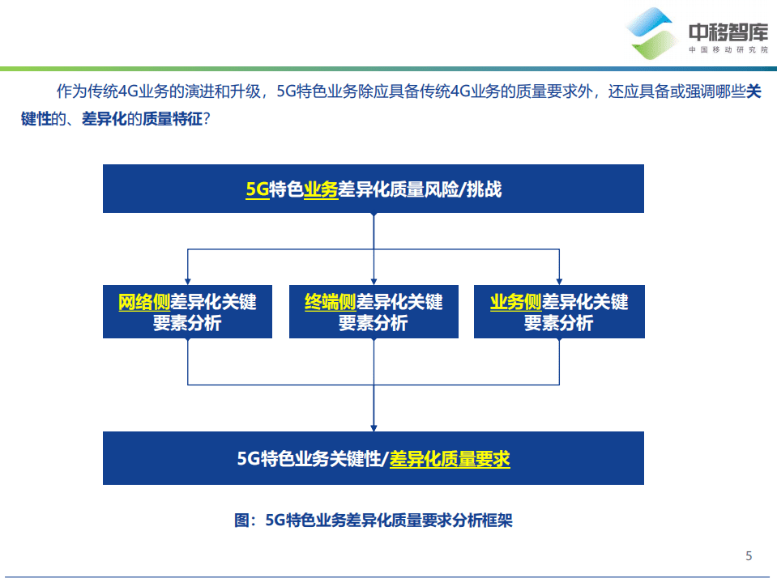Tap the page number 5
[749, 555]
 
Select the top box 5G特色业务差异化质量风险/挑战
[373, 189]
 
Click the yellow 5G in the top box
[257, 190]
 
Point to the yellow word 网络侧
[143, 303]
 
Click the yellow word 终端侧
[330, 303]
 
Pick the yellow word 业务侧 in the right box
[515, 303]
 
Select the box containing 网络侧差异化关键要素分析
[187, 312]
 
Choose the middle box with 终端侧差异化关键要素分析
[373, 312]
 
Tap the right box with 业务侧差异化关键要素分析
[559, 312]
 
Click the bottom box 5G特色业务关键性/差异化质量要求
[373, 458]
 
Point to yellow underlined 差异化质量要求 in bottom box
[450, 459]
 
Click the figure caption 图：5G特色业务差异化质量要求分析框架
[373, 520]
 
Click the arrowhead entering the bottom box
[374, 427]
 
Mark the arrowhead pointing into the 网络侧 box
[188, 280]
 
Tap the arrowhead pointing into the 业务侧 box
[559, 280]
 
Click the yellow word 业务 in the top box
[321, 190]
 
